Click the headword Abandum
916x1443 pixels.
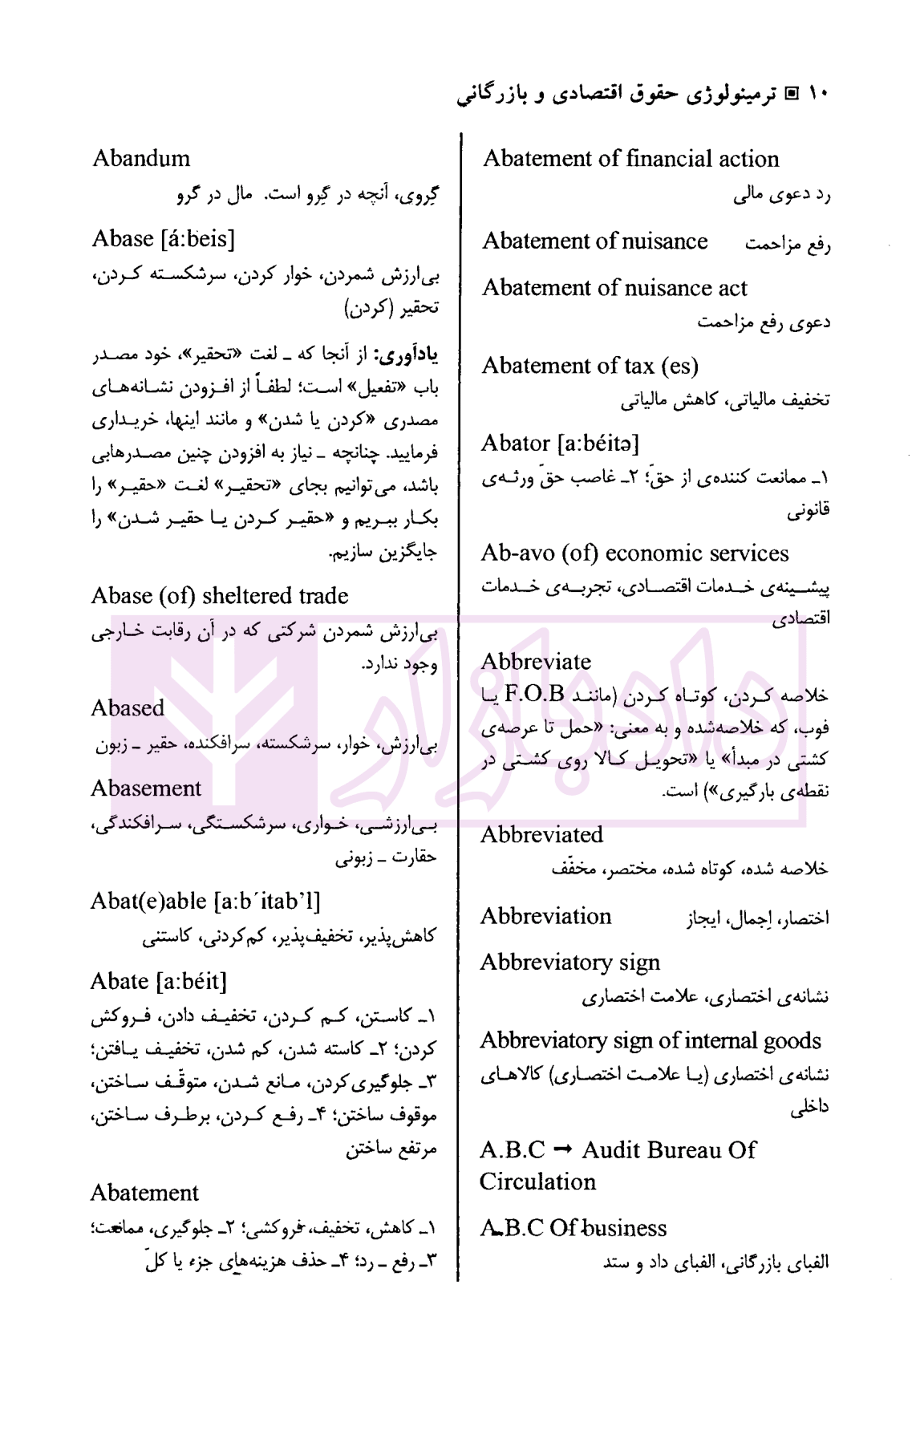[141, 158]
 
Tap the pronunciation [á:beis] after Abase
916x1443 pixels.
[197, 239]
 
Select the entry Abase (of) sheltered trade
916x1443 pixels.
[220, 596]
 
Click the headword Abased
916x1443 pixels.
[128, 708]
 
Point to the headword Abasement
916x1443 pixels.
[146, 788]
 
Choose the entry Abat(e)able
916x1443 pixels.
[149, 902]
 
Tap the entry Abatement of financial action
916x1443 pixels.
[630, 159]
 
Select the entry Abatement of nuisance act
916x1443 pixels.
[614, 288]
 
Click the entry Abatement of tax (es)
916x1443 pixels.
[590, 366]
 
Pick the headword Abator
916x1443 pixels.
[516, 443]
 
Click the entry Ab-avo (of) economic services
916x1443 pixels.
[634, 553]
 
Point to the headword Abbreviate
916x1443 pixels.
[536, 662]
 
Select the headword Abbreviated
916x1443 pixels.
[541, 835]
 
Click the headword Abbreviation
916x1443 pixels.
[545, 916]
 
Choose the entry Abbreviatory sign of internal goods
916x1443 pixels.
[651, 1041]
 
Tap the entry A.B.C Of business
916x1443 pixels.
[574, 1228]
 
